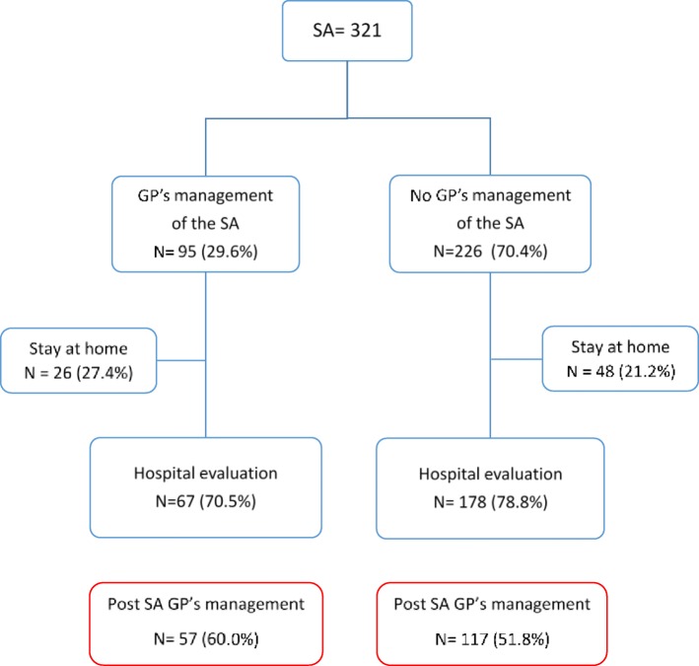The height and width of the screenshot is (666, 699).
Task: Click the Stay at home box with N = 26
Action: [x=79, y=361]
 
